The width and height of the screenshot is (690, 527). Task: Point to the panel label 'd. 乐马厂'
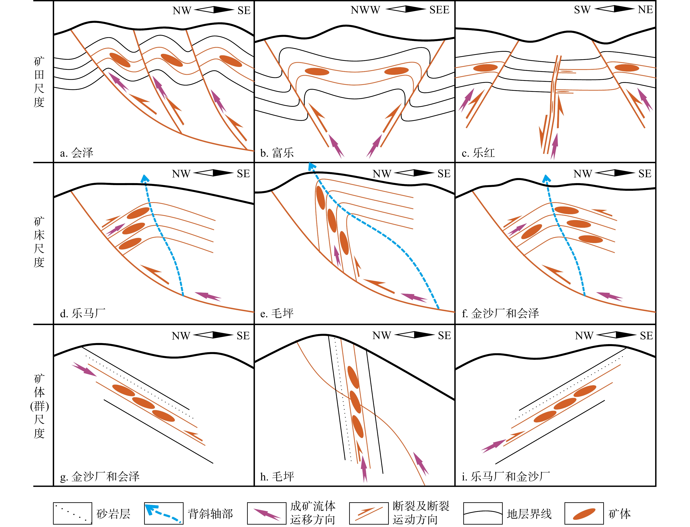pyautogui.click(x=82, y=313)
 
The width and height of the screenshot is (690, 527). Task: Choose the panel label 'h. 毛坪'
pyautogui.click(x=277, y=476)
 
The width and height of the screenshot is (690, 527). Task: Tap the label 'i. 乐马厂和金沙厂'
pyautogui.click(x=506, y=476)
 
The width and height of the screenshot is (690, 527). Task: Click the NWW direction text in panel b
pyautogui.click(x=365, y=10)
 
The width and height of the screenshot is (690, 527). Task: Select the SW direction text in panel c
pyautogui.click(x=582, y=10)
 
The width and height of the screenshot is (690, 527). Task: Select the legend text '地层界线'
pyautogui.click(x=529, y=514)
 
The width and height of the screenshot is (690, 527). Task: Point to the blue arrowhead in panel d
pyautogui.click(x=145, y=178)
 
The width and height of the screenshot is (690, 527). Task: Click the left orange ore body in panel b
pyautogui.click(x=317, y=72)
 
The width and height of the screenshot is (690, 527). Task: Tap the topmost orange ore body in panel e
pyautogui.click(x=320, y=198)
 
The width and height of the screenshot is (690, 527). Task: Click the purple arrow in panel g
pyautogui.click(x=84, y=369)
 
